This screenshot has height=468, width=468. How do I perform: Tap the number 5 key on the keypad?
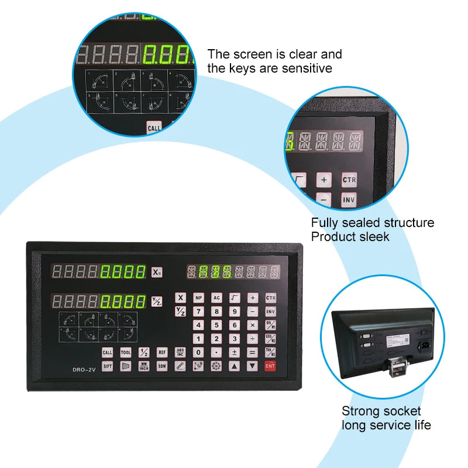(x=216, y=325)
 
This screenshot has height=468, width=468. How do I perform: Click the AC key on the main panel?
(x=216, y=298)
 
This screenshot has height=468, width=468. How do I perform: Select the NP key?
(x=198, y=298)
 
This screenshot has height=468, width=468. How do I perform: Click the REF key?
(x=162, y=352)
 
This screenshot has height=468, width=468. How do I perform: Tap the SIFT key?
(x=108, y=366)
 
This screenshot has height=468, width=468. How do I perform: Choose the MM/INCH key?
(x=144, y=366)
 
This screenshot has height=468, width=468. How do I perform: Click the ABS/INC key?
(x=180, y=352)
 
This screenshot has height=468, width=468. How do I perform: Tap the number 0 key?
(x=198, y=352)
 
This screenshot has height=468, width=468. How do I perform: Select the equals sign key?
(x=252, y=352)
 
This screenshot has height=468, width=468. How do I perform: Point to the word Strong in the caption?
(x=359, y=411)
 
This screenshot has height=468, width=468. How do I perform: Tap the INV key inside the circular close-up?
(x=349, y=200)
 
